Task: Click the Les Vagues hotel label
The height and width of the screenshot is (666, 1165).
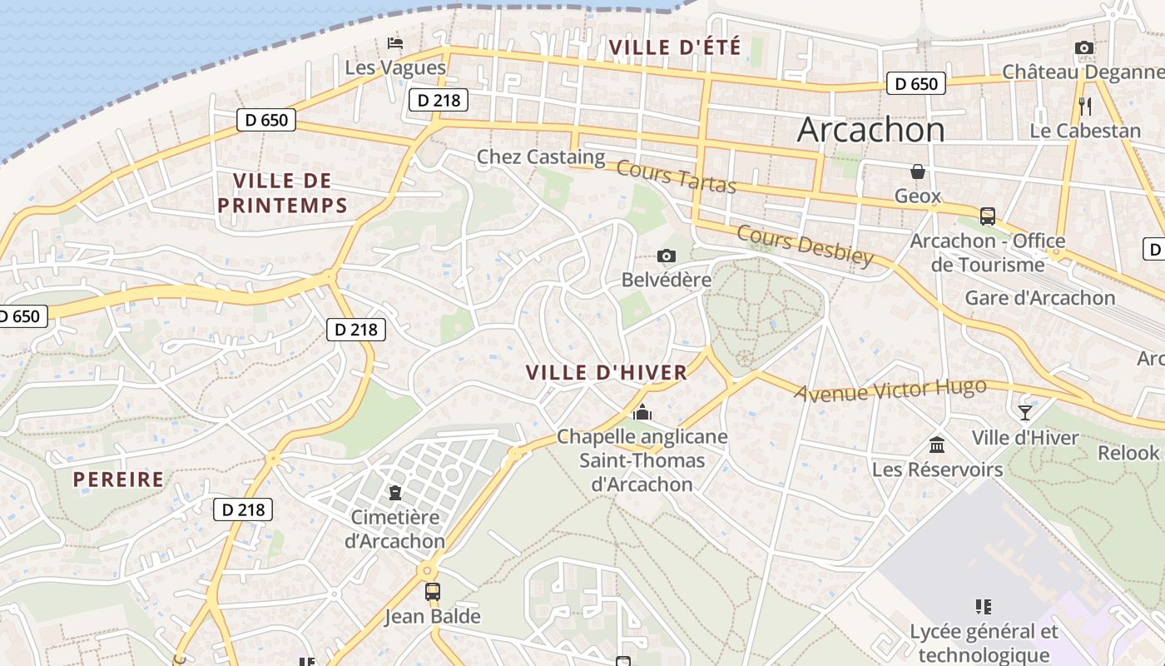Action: click(x=395, y=67)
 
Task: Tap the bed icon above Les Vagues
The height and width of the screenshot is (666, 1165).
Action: click(x=396, y=42)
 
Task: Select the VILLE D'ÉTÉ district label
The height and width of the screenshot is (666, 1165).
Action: click(x=675, y=47)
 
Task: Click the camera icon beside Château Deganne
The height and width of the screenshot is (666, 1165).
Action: click(x=1083, y=48)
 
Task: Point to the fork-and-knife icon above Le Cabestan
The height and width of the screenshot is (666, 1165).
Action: click(x=1084, y=106)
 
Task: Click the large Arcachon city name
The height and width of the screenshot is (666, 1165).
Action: click(x=870, y=130)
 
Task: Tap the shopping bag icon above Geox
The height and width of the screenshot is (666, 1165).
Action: click(x=918, y=171)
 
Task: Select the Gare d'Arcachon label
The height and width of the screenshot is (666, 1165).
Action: click(x=1039, y=297)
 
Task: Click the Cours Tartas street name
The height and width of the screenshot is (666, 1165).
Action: click(x=677, y=176)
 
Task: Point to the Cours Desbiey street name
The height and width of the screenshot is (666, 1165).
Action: click(x=805, y=246)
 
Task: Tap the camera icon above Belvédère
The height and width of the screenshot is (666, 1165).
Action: click(x=667, y=256)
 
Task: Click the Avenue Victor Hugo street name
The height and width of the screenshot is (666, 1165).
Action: click(x=890, y=390)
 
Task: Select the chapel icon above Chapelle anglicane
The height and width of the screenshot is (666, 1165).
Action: click(x=642, y=412)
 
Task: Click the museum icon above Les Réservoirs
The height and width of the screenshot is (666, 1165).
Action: click(x=937, y=445)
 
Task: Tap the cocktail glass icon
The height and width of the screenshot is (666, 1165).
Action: click(x=1025, y=412)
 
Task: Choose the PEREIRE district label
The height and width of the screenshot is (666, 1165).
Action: click(x=118, y=480)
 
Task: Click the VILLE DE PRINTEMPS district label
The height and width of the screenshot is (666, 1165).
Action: click(x=289, y=192)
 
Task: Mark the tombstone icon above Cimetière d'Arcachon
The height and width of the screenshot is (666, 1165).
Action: click(x=395, y=492)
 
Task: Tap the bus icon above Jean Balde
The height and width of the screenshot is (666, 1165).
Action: click(x=433, y=592)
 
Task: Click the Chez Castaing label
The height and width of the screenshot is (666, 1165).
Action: click(x=541, y=157)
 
